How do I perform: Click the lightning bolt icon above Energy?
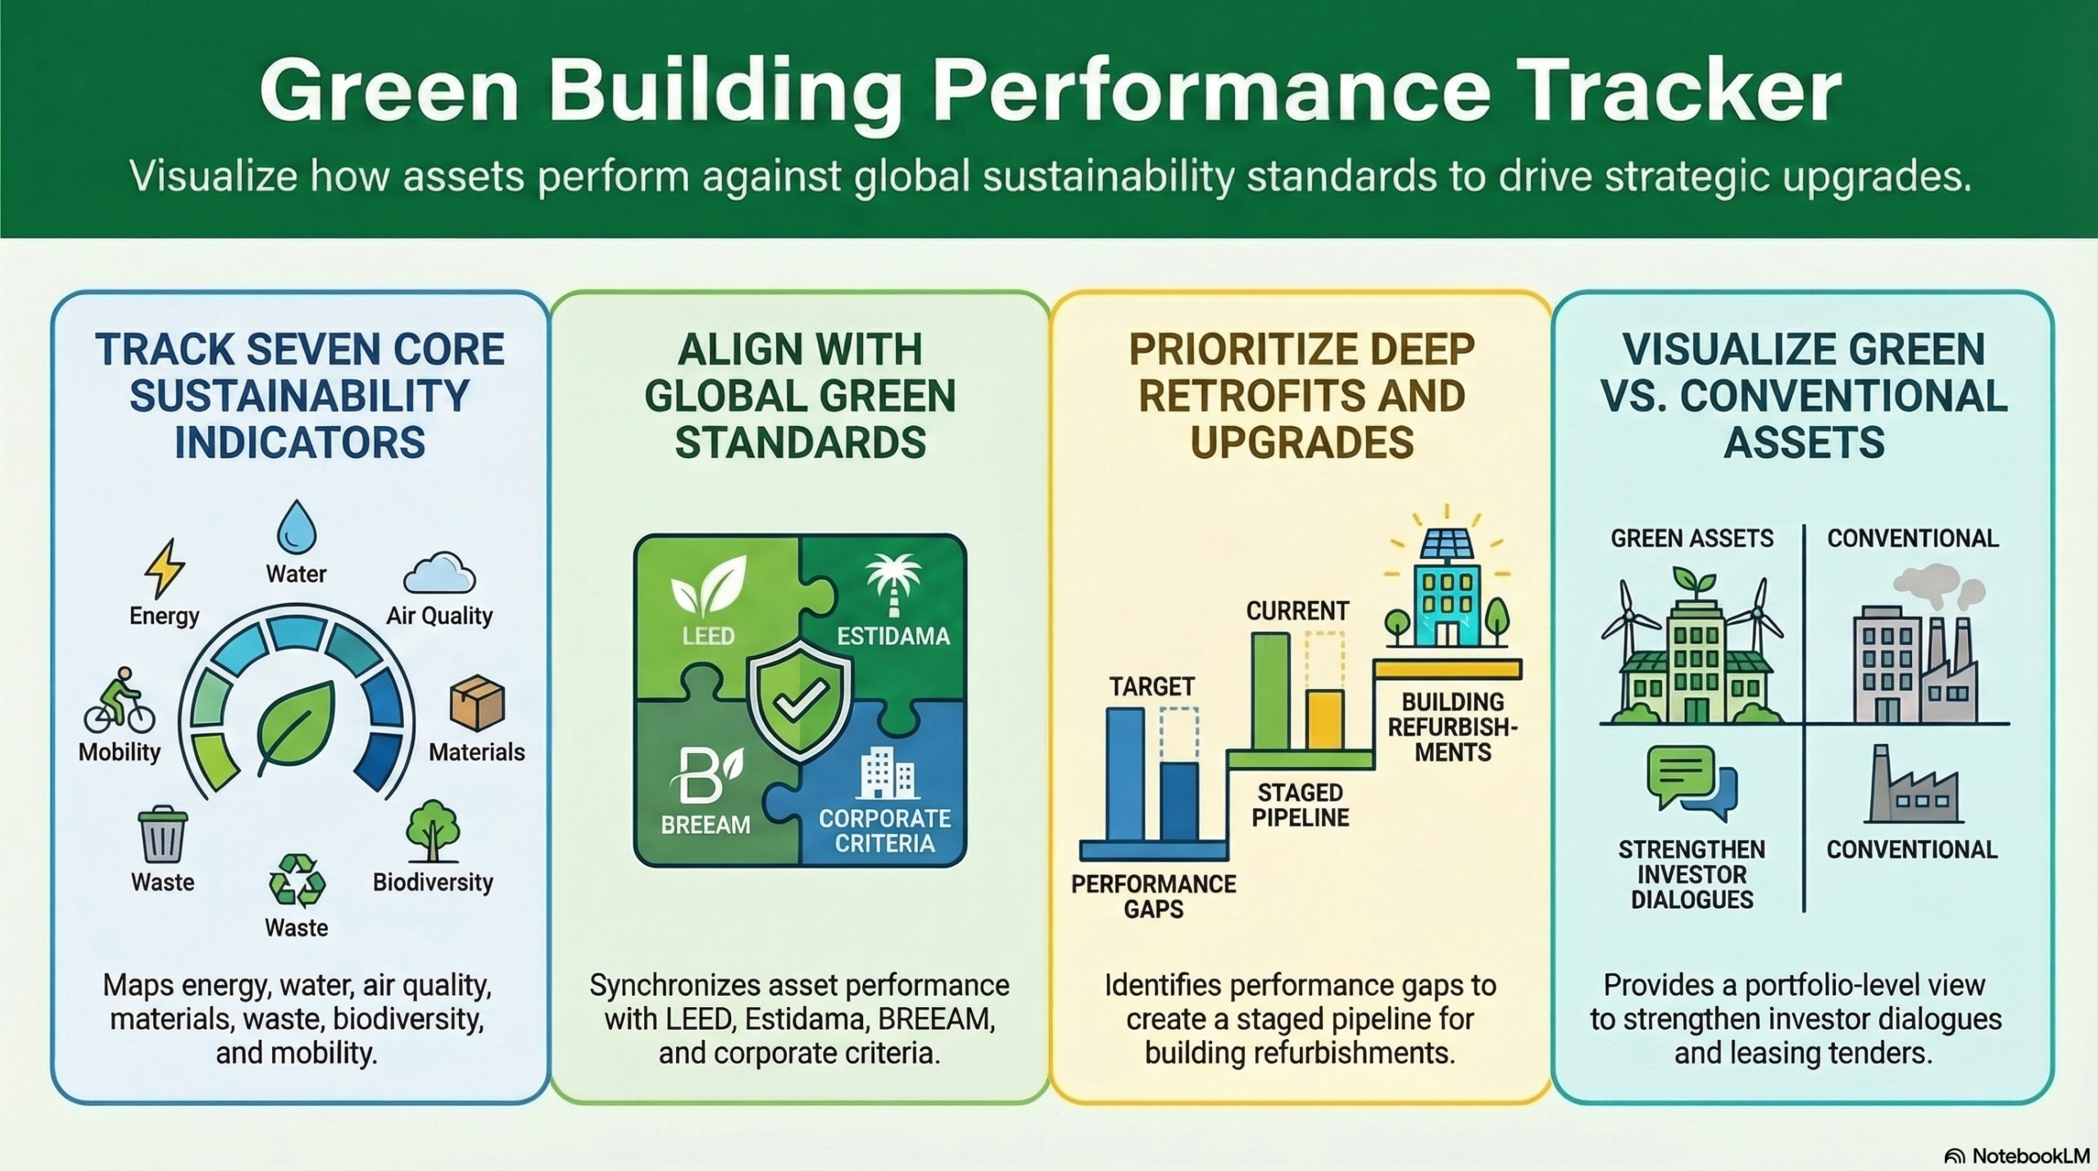tap(165, 569)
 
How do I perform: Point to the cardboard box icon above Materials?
tap(477, 703)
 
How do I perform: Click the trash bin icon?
tap(163, 835)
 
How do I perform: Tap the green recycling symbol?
tap(297, 880)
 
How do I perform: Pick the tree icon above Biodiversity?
tap(433, 831)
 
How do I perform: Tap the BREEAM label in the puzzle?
tap(706, 824)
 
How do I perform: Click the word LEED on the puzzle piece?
tap(708, 636)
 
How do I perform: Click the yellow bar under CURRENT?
tap(1324, 719)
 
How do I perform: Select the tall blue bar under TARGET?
tap(1125, 774)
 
